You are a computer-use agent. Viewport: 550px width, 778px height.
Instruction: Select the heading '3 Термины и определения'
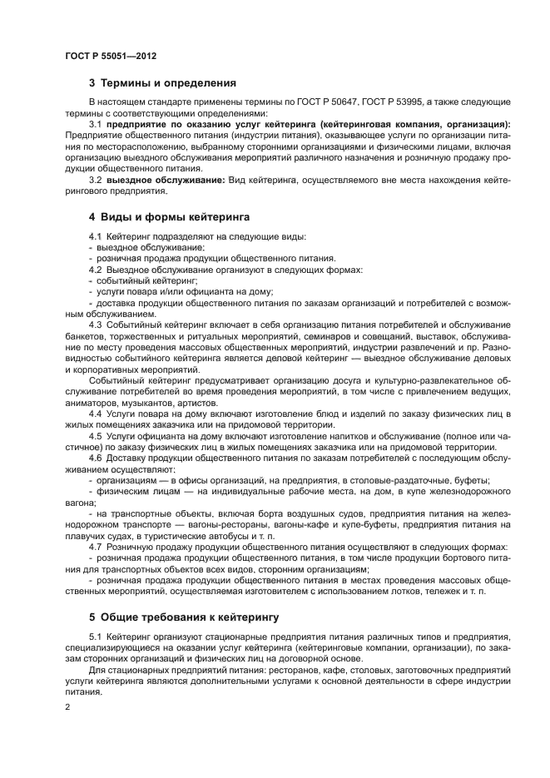pos(162,83)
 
